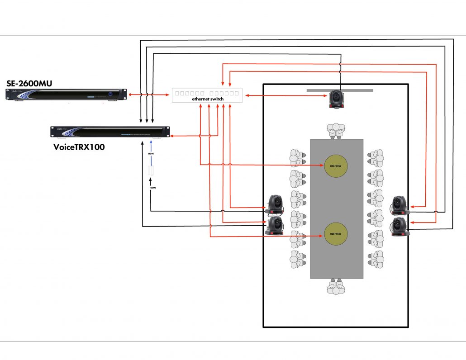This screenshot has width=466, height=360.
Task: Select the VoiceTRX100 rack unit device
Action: [x=109, y=132]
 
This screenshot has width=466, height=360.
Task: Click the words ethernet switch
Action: [x=208, y=99]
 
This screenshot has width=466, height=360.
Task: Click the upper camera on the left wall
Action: [x=276, y=204]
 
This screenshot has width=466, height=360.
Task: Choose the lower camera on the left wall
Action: [x=276, y=225]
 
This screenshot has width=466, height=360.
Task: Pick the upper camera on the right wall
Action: [x=399, y=205]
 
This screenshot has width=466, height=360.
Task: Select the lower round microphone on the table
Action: [x=337, y=236]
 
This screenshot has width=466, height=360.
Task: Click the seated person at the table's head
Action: [x=336, y=130]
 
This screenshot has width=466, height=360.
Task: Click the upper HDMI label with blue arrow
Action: [x=152, y=154]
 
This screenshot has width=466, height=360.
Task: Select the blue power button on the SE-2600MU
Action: [x=109, y=95]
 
